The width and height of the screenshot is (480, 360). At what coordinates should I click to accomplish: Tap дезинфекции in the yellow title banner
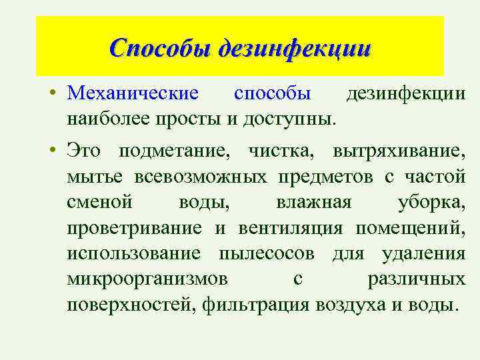tap(293, 48)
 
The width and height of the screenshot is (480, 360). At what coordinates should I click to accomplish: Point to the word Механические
tap(133, 94)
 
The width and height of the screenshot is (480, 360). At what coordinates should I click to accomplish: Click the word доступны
tap(301, 119)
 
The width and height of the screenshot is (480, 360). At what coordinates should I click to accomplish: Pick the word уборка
tap(431, 202)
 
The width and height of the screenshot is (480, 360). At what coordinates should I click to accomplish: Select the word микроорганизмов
tap(146, 279)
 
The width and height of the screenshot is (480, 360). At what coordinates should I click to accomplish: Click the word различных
tap(416, 279)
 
